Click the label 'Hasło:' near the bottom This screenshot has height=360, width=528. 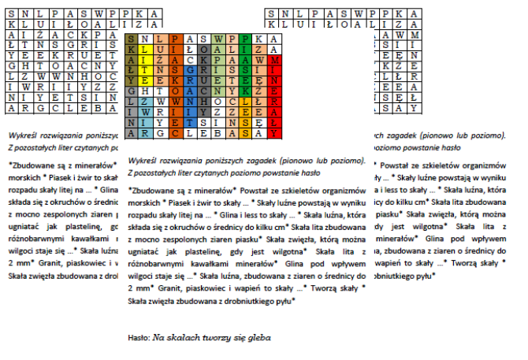click(139, 337)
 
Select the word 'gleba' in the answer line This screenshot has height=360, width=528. click(258, 337)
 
